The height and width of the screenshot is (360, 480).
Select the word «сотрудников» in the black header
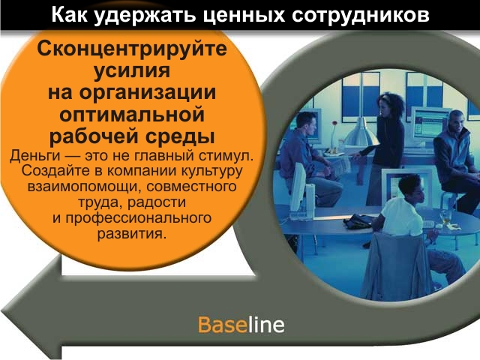(x=361, y=15)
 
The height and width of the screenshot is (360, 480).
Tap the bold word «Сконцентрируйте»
(x=132, y=49)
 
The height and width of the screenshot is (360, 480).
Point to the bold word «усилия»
(x=132, y=71)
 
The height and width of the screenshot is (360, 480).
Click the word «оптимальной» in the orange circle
(x=132, y=115)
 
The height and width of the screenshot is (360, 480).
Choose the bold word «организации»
(x=148, y=92)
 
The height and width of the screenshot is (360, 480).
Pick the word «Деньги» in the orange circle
(x=35, y=155)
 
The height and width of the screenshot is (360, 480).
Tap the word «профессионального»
(x=138, y=218)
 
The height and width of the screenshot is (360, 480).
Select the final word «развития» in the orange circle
(x=130, y=234)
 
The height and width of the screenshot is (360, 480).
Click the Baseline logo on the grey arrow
(x=241, y=325)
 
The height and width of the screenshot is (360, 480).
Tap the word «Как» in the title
(x=69, y=15)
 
